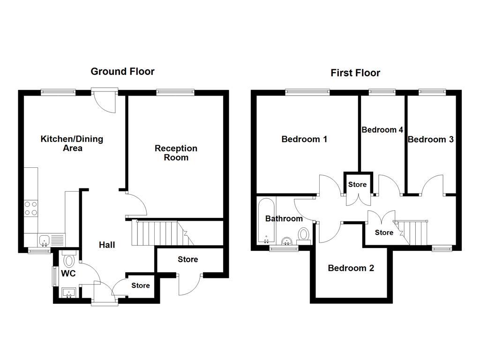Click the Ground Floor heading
coord(122,71)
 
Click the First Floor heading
coord(355,73)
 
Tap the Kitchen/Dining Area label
coord(72,143)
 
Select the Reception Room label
coord(176,153)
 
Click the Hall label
coord(107,245)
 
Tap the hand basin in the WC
coord(69,293)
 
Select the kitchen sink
coord(45,240)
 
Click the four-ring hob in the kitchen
coord(31,208)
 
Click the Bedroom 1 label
coord(304,139)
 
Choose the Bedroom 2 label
coord(351,268)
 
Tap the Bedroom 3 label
coord(430,139)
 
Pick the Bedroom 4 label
coord(382,130)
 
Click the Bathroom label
coord(284,218)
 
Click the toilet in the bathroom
coord(304,234)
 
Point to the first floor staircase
coord(415,232)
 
